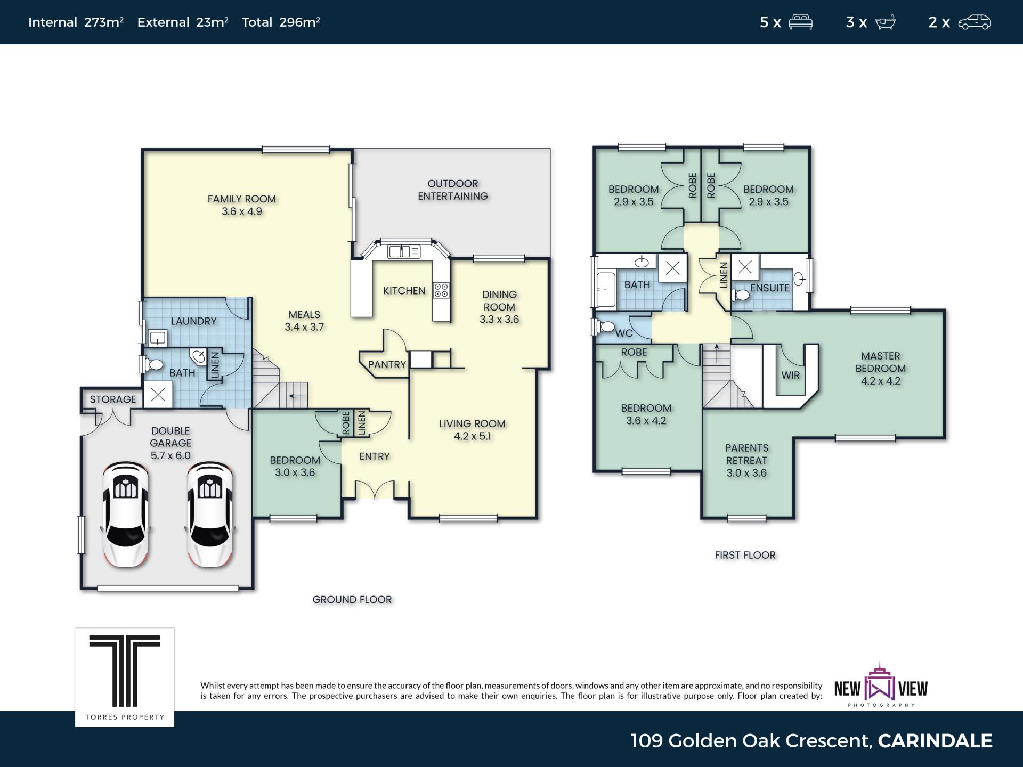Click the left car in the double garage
click(x=126, y=515)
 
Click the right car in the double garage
click(x=209, y=515)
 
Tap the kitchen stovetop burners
click(x=441, y=290)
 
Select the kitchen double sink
click(x=404, y=251)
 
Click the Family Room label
click(x=242, y=205)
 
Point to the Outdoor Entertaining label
click(x=453, y=190)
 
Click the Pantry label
click(x=387, y=365)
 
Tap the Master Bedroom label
click(x=881, y=368)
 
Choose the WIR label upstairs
click(x=791, y=375)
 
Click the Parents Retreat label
click(x=746, y=460)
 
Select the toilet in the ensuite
click(x=740, y=295)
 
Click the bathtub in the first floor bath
click(x=606, y=290)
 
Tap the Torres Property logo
click(x=125, y=677)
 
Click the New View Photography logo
click(x=881, y=686)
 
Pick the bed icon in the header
click(x=801, y=22)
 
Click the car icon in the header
click(x=975, y=22)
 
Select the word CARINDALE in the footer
click(x=935, y=741)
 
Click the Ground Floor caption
click(x=352, y=600)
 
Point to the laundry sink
click(x=157, y=338)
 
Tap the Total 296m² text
click(x=281, y=22)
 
